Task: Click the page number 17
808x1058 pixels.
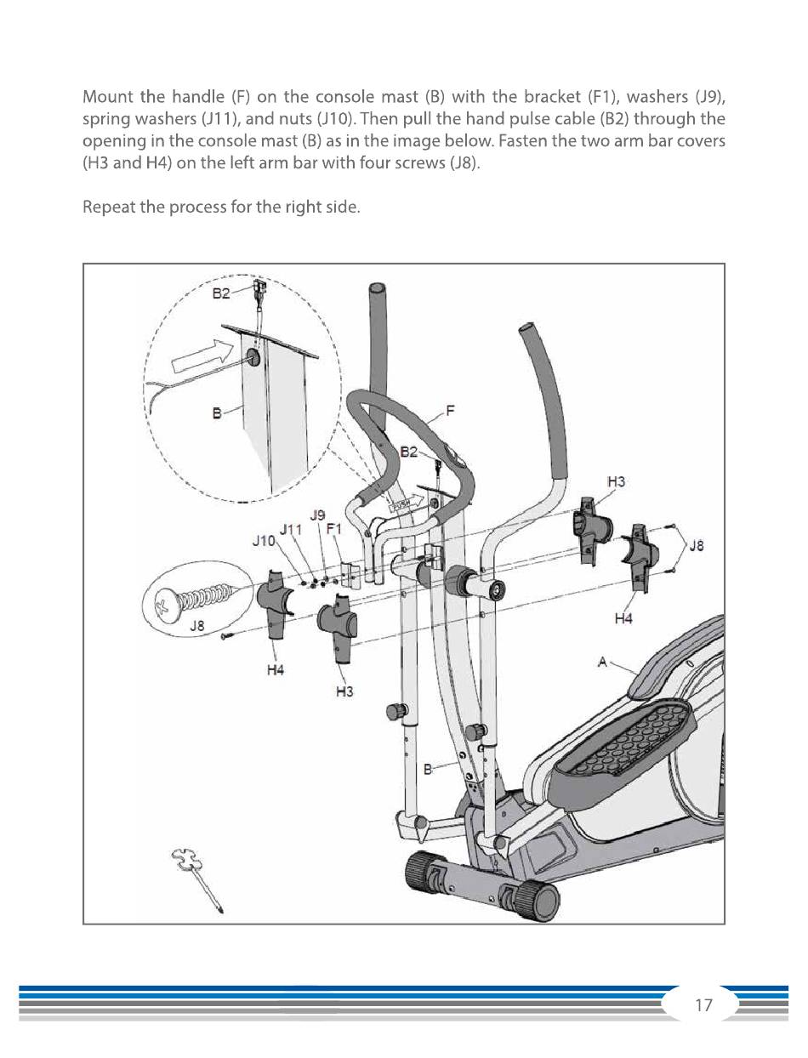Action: coord(703,1005)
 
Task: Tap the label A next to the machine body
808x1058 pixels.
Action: coord(602,662)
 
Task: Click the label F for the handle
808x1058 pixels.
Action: coord(450,411)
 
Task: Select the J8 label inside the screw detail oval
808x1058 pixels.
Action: coord(196,626)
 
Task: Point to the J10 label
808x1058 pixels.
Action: coord(264,541)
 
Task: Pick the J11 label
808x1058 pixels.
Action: coord(291,529)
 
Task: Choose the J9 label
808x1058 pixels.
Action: coord(317,515)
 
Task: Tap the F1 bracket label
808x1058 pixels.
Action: coord(334,528)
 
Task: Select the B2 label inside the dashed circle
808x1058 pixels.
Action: coord(220,293)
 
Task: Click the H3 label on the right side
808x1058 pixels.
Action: coord(617,482)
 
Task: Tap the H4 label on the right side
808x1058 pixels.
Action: coord(623,618)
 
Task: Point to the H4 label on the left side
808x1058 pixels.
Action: coord(275,670)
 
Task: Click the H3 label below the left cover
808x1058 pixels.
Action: coord(344,692)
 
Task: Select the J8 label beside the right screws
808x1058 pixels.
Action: coord(697,546)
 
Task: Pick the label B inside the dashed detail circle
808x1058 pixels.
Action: coord(217,413)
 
